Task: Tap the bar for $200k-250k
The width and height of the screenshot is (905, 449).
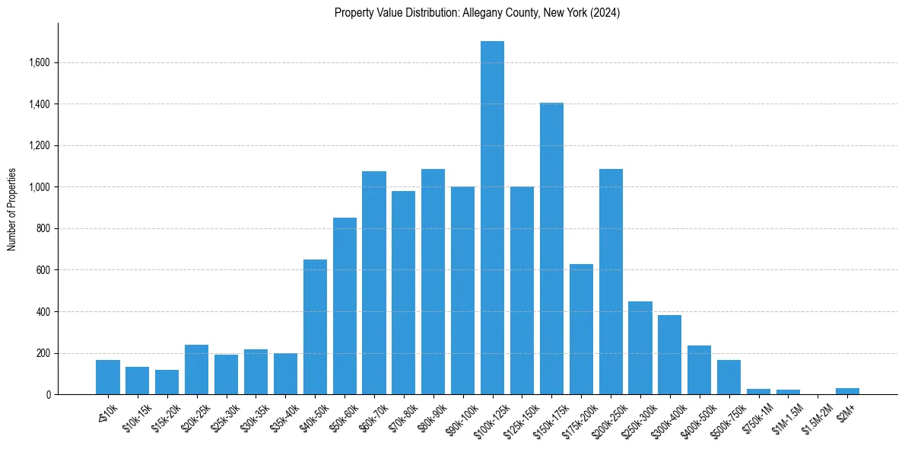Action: [611, 282]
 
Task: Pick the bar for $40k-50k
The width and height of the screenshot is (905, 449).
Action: [315, 327]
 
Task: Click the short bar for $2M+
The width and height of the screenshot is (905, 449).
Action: [847, 391]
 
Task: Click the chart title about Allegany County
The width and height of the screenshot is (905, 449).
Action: [478, 13]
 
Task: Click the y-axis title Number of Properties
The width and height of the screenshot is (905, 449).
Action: [12, 209]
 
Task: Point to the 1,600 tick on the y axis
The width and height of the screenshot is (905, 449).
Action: [38, 62]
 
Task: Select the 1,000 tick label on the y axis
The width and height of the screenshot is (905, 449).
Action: [38, 187]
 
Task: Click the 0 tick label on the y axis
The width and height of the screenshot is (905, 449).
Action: [47, 395]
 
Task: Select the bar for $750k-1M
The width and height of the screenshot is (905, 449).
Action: [758, 392]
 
